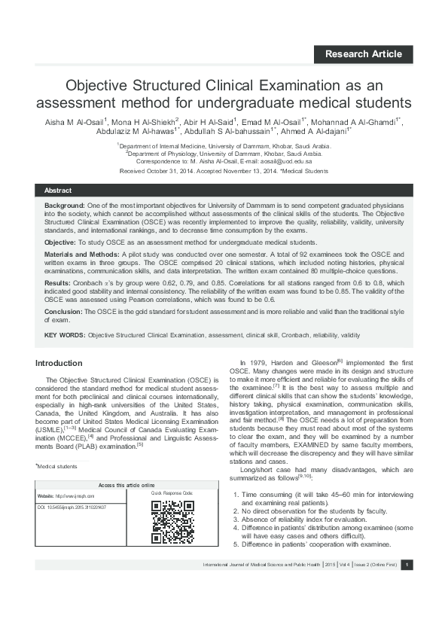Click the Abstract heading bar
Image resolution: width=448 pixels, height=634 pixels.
pos(224,191)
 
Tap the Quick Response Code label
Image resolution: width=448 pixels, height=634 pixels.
pos(172,493)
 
